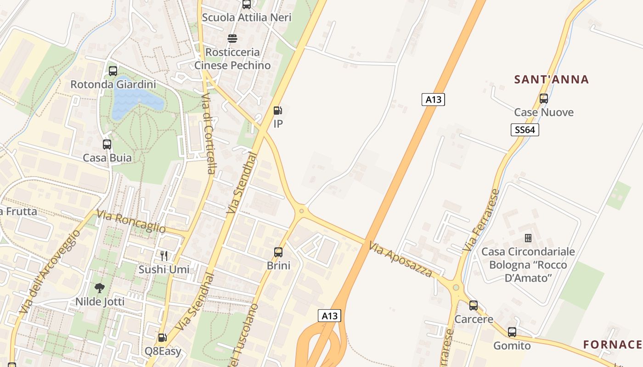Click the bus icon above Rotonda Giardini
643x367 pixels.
point(113,71)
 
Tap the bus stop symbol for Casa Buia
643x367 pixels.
point(107,145)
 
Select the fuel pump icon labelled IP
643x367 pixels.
point(277,111)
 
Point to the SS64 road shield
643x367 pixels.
point(525,130)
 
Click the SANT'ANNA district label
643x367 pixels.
point(551,79)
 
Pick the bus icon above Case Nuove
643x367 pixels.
point(544,99)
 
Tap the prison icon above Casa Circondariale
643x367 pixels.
point(528,238)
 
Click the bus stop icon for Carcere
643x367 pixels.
point(474,306)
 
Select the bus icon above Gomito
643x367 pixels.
point(512,332)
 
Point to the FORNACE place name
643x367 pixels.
point(612,345)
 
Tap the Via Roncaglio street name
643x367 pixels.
point(130,222)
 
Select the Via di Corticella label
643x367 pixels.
point(208,133)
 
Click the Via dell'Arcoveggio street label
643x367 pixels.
point(51,271)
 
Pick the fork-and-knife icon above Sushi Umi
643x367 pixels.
point(164,256)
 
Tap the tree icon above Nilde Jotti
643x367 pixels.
point(100,289)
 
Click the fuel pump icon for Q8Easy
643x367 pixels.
point(162,338)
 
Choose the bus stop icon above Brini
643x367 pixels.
point(278,252)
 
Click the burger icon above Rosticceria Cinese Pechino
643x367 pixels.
point(232,38)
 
